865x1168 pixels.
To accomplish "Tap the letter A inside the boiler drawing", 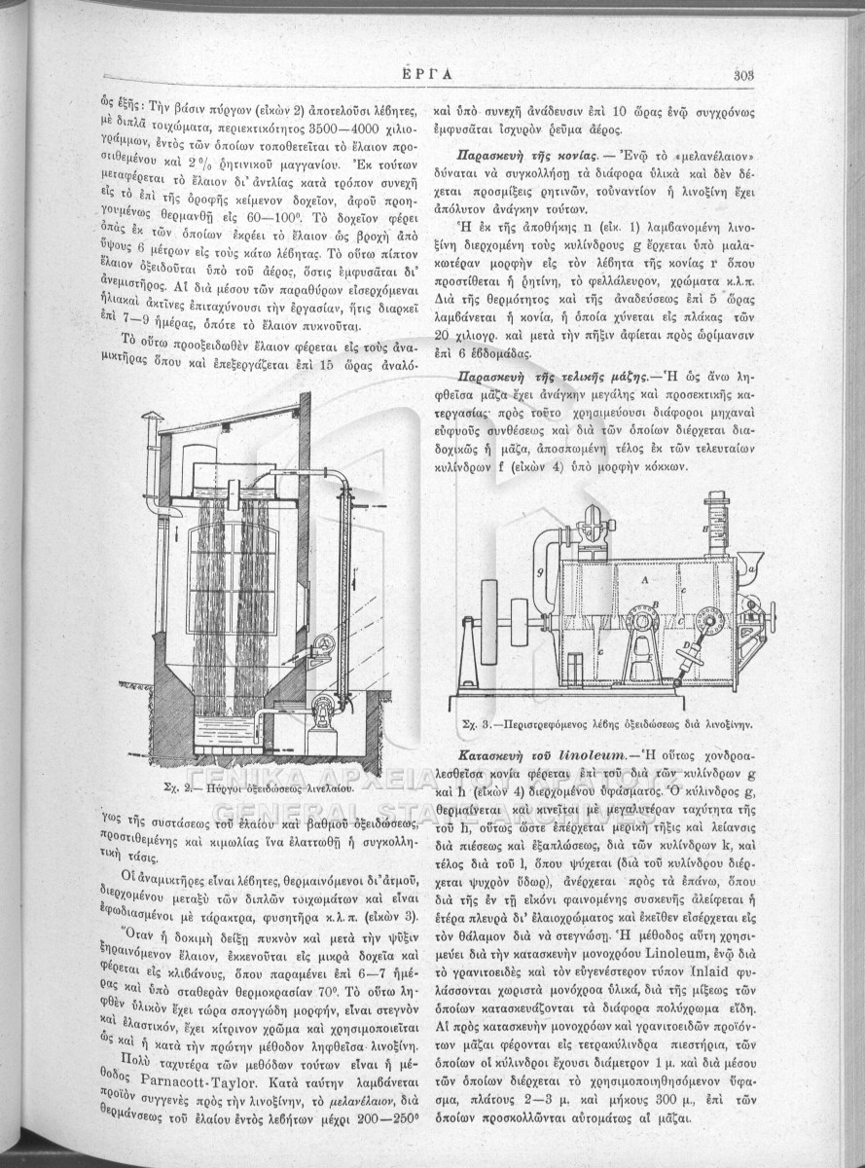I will [645, 580].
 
